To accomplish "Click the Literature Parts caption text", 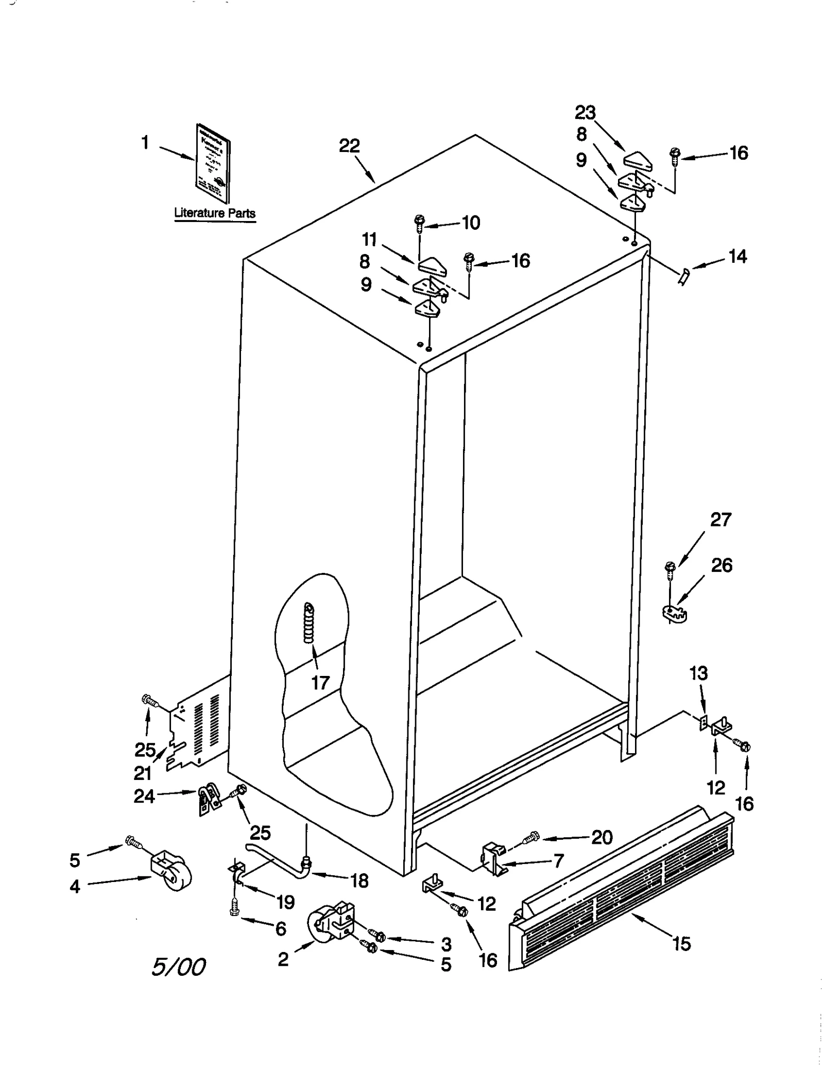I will coord(214,212).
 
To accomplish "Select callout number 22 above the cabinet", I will coord(349,146).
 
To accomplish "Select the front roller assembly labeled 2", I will coord(331,927).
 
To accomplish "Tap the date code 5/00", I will coord(178,967).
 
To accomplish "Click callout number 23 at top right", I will coord(585,112).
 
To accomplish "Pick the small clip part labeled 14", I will coord(684,277).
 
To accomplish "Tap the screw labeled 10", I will coord(419,223).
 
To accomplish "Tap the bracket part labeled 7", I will coord(493,858).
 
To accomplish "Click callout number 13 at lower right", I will coord(699,673).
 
